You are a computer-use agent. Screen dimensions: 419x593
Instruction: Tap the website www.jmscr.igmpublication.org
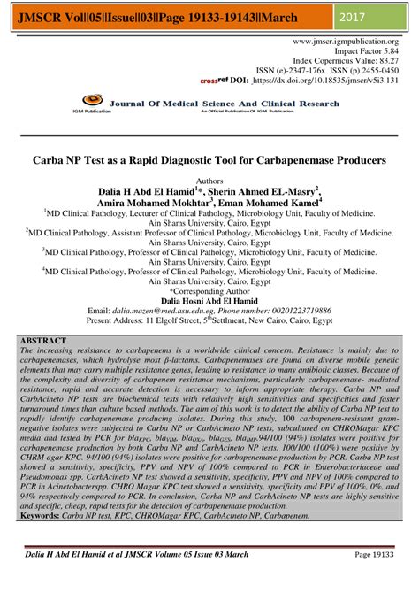[346, 42]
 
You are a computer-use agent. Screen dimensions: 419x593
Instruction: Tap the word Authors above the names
[209, 179]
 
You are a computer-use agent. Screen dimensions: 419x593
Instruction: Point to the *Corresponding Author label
[209, 290]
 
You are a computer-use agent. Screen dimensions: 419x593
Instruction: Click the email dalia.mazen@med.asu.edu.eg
[164, 312]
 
